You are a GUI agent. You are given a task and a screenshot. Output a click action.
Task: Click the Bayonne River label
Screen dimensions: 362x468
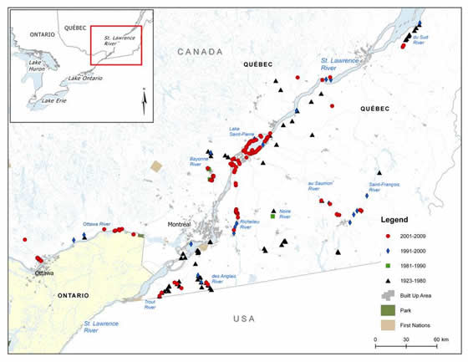tap(199, 158)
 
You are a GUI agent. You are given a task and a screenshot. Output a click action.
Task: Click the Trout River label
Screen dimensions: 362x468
tap(154, 303)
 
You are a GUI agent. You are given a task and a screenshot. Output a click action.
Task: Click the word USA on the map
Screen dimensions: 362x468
tap(246, 319)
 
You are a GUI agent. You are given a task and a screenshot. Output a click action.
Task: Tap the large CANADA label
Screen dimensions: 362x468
tap(200, 52)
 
